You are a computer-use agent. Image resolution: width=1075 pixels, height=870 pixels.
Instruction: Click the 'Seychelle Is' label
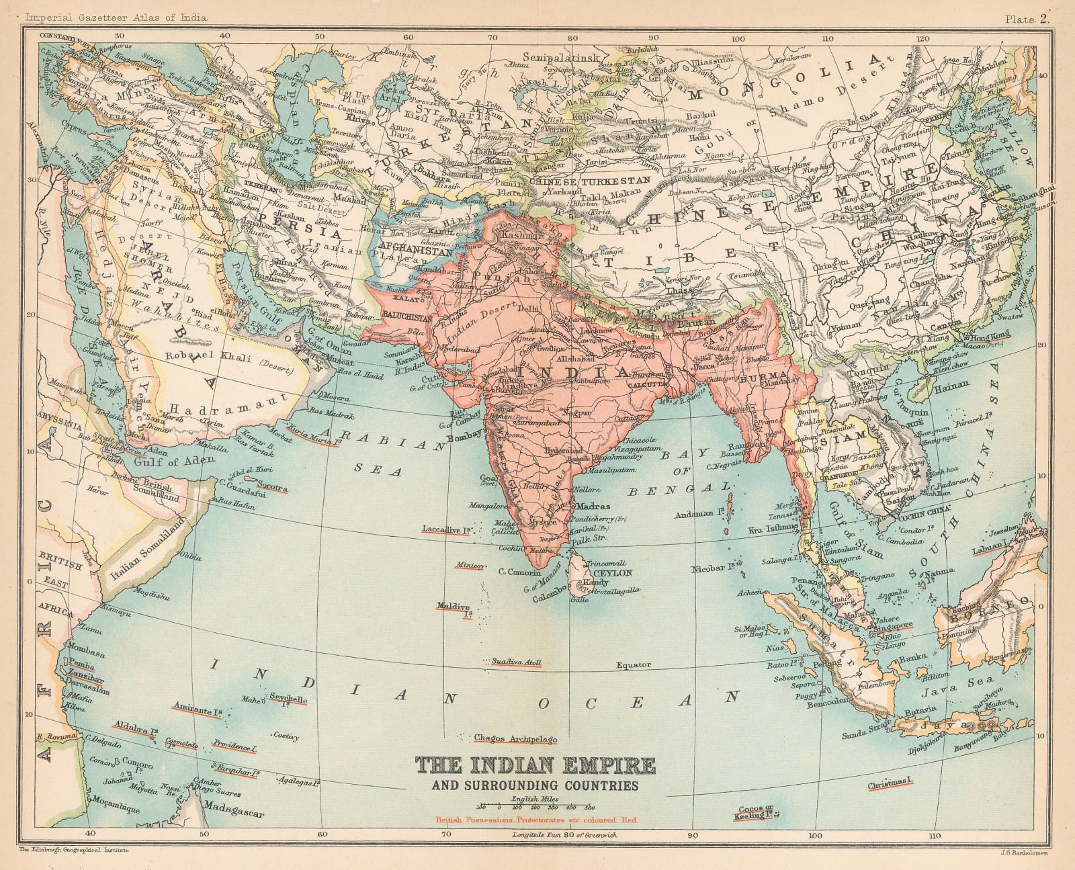[x=288, y=699]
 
